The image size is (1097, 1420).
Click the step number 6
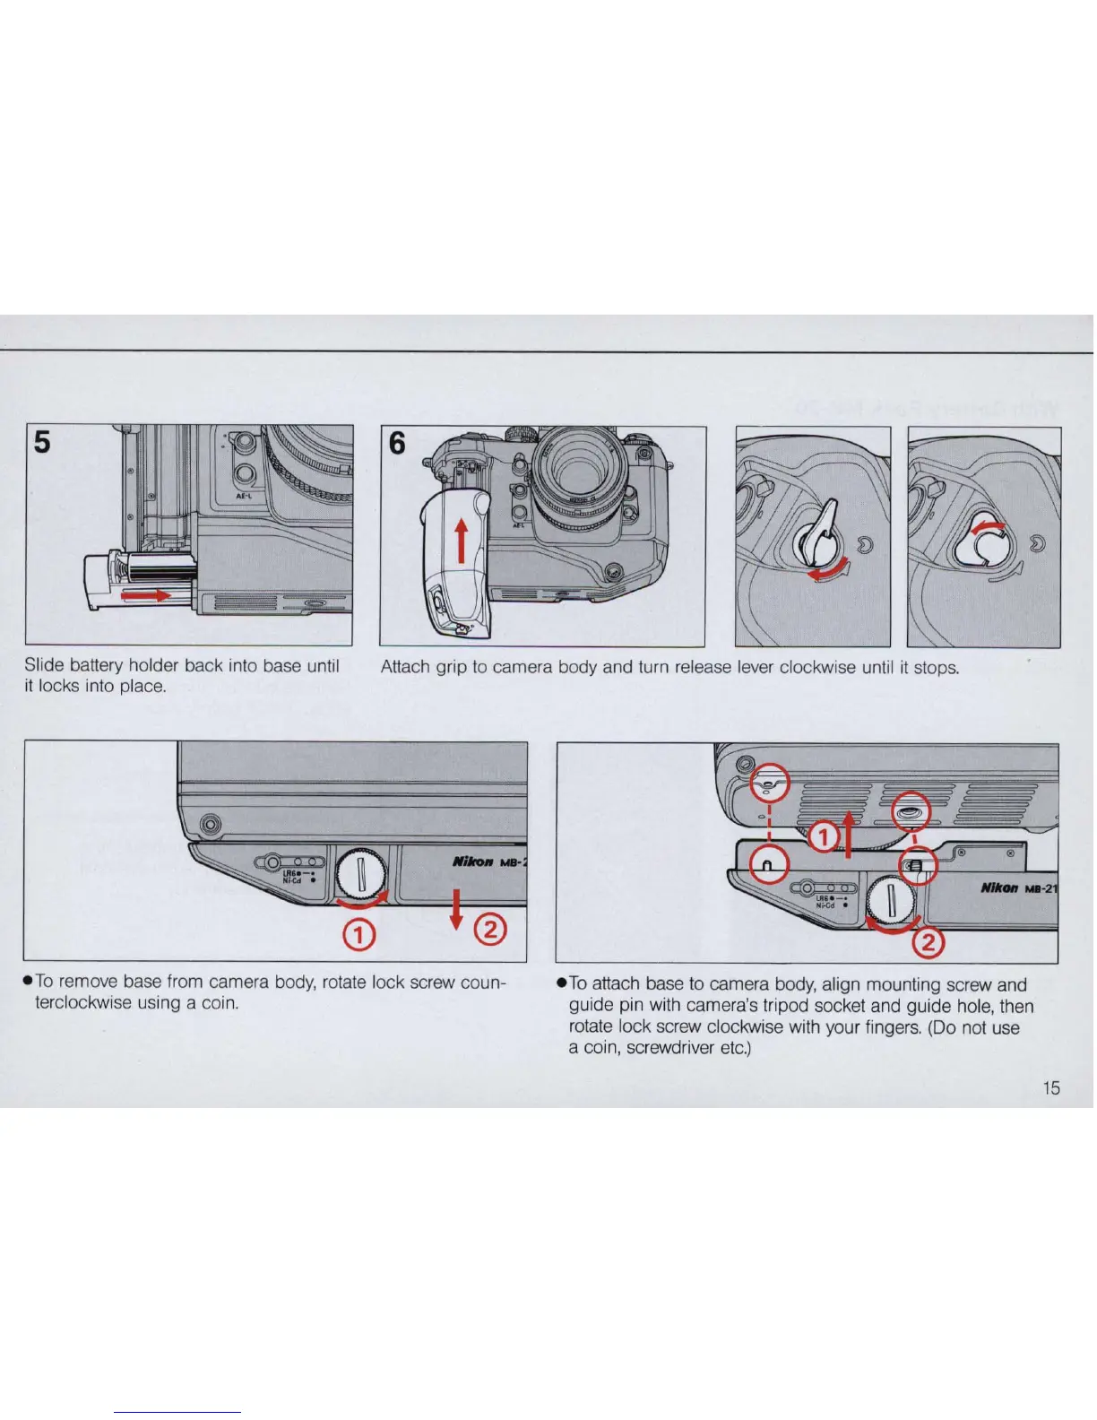(x=397, y=443)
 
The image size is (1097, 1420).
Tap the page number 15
(x=1050, y=1087)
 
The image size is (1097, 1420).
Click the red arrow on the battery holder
(x=147, y=595)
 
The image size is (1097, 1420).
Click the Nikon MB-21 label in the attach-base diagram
(x=1018, y=888)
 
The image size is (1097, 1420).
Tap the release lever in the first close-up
(x=822, y=536)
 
